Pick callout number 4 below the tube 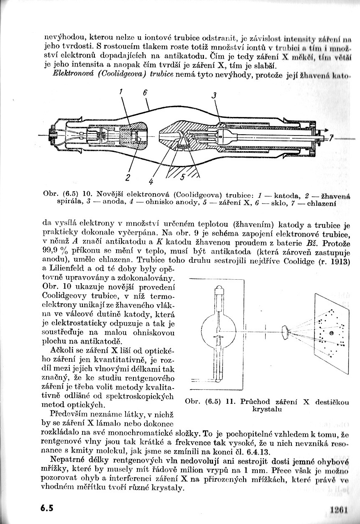[x=151, y=181]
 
